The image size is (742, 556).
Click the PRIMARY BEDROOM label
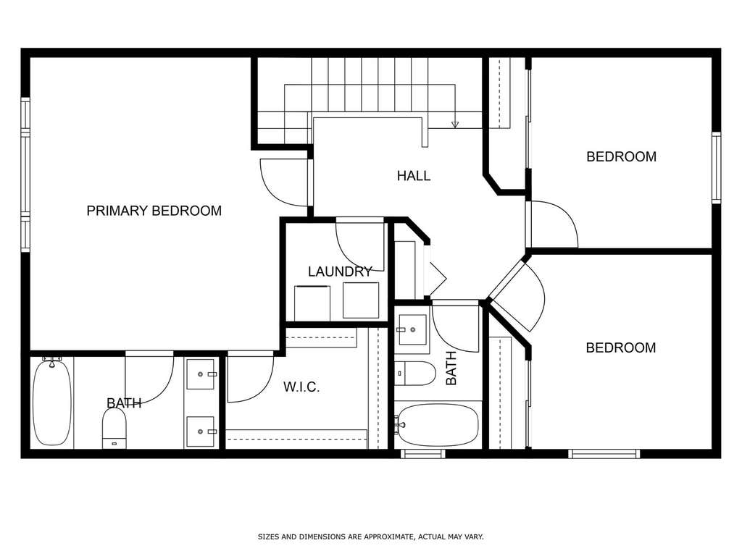click(154, 211)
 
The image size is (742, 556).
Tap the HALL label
click(414, 176)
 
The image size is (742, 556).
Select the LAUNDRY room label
click(340, 271)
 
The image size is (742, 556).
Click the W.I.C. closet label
click(301, 387)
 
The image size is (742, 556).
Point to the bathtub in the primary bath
click(52, 403)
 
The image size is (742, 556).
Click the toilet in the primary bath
click(114, 428)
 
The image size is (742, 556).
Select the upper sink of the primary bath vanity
click(201, 374)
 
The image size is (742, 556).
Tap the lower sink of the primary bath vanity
click(201, 431)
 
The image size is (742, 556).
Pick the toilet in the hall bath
click(415, 374)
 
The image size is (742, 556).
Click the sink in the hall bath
click(412, 329)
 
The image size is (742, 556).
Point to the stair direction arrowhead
click(455, 125)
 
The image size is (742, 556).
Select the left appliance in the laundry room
click(312, 303)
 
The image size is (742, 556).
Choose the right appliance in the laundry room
click(361, 300)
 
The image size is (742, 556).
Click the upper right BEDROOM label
click(621, 156)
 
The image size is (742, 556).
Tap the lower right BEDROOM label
click(621, 348)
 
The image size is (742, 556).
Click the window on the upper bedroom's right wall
click(717, 168)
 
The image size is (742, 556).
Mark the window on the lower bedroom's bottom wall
click(604, 454)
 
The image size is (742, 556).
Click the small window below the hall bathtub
click(422, 454)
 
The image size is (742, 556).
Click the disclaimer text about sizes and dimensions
click(370, 536)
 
